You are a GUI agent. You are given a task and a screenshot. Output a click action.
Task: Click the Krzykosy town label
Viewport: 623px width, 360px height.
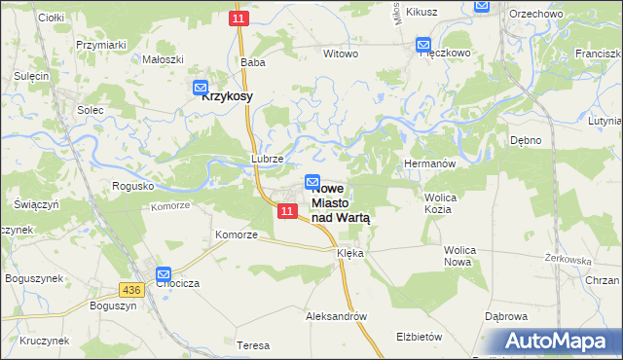(228, 97)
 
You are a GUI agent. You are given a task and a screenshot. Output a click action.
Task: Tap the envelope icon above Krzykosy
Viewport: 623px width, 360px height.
(201, 87)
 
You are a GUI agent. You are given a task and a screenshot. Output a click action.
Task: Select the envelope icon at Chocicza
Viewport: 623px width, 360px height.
(163, 275)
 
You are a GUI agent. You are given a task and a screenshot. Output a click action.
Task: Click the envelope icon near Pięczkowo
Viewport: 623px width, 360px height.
(423, 45)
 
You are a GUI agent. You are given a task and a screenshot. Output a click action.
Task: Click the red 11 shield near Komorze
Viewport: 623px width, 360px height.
(286, 211)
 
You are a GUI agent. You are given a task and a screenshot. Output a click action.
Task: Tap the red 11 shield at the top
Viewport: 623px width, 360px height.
(238, 18)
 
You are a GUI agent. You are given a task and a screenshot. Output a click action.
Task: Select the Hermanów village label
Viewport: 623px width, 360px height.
(429, 164)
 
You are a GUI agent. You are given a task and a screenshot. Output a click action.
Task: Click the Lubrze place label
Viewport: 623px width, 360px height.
(267, 158)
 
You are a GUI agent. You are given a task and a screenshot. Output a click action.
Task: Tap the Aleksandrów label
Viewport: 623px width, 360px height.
(336, 317)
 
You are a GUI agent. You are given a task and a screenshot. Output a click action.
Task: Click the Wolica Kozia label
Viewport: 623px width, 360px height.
(441, 202)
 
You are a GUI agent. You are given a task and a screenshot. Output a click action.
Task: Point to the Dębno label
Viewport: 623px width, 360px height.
(526, 140)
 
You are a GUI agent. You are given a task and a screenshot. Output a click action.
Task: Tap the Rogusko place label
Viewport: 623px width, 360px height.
(133, 186)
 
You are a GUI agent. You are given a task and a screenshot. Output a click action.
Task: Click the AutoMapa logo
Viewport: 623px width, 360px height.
(552, 342)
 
